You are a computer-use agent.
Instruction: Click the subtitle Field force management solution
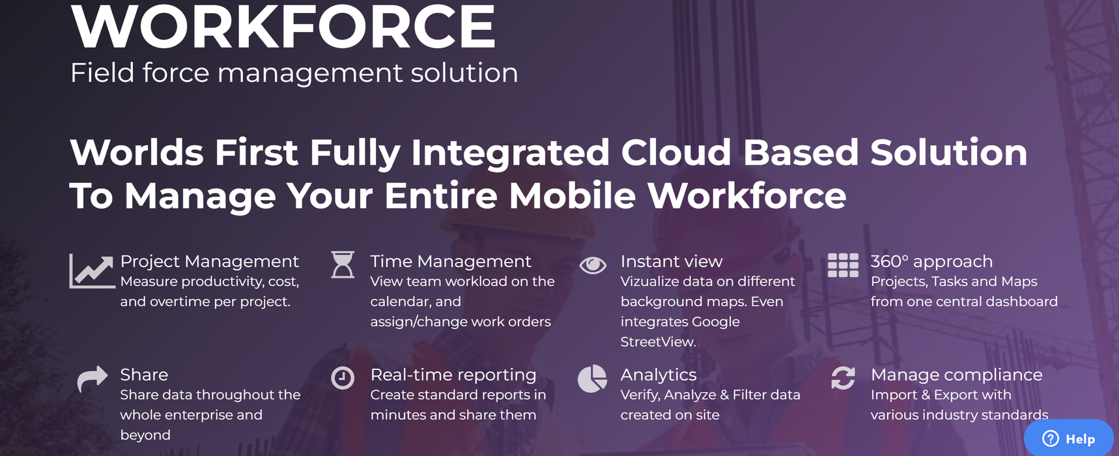[294, 72]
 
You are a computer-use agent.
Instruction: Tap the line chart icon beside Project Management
[92, 271]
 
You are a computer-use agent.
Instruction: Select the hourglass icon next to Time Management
[343, 265]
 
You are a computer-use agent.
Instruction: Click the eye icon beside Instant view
[593, 265]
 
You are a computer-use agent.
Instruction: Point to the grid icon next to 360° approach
[843, 265]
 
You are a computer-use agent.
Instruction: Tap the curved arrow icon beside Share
[92, 378]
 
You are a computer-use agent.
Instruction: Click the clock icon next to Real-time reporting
[343, 378]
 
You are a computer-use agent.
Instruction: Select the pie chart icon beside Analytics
[592, 378]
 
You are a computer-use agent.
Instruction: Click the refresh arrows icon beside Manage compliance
[843, 378]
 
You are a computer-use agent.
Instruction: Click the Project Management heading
[210, 261]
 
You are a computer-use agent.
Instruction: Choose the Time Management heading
[451, 261]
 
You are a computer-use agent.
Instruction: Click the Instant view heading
[672, 261]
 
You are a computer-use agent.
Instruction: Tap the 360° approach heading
[931, 261]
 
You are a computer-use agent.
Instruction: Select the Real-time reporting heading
[453, 375]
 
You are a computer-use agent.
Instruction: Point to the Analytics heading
[659, 375]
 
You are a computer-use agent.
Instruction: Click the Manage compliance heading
[957, 375]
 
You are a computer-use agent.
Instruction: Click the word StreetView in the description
[658, 342]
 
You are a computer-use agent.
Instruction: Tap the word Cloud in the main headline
[676, 152]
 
